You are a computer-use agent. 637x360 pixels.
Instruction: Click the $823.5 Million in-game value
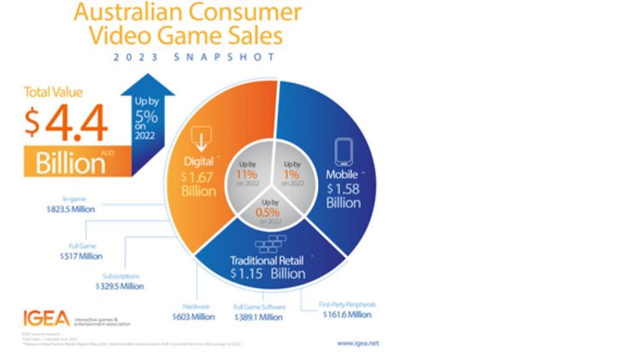[70, 210]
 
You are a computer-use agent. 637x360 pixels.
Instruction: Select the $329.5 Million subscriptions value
[119, 287]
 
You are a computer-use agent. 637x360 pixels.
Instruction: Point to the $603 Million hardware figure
[193, 317]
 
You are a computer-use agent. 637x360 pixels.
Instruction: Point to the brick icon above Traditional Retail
[269, 242]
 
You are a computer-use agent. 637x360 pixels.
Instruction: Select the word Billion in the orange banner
[70, 163]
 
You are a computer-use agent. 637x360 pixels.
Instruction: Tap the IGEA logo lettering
[47, 318]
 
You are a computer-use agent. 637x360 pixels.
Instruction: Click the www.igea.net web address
[358, 343]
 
